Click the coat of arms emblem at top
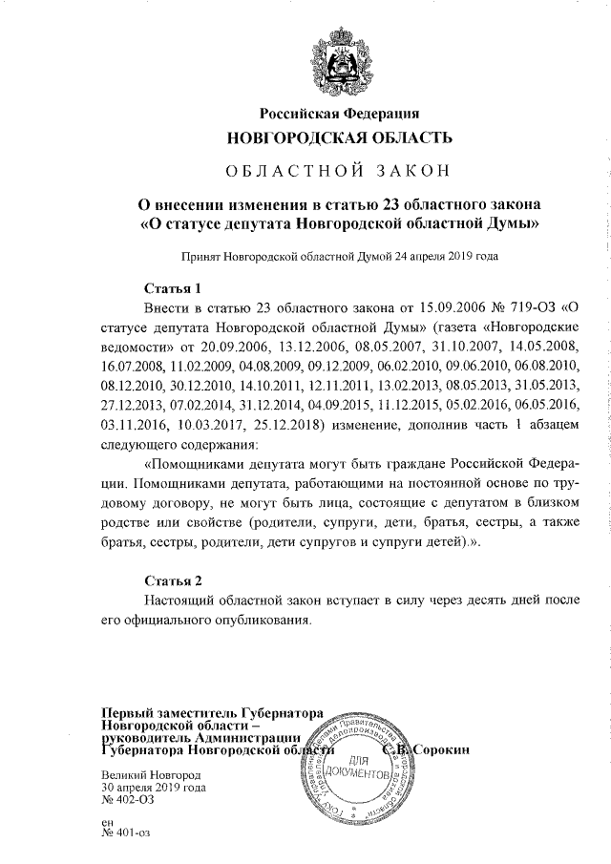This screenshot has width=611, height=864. coord(337,56)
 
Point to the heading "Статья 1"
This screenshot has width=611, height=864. coord(173,288)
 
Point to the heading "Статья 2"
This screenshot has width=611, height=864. coord(173,581)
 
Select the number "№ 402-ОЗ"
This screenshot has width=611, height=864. coord(127,801)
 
